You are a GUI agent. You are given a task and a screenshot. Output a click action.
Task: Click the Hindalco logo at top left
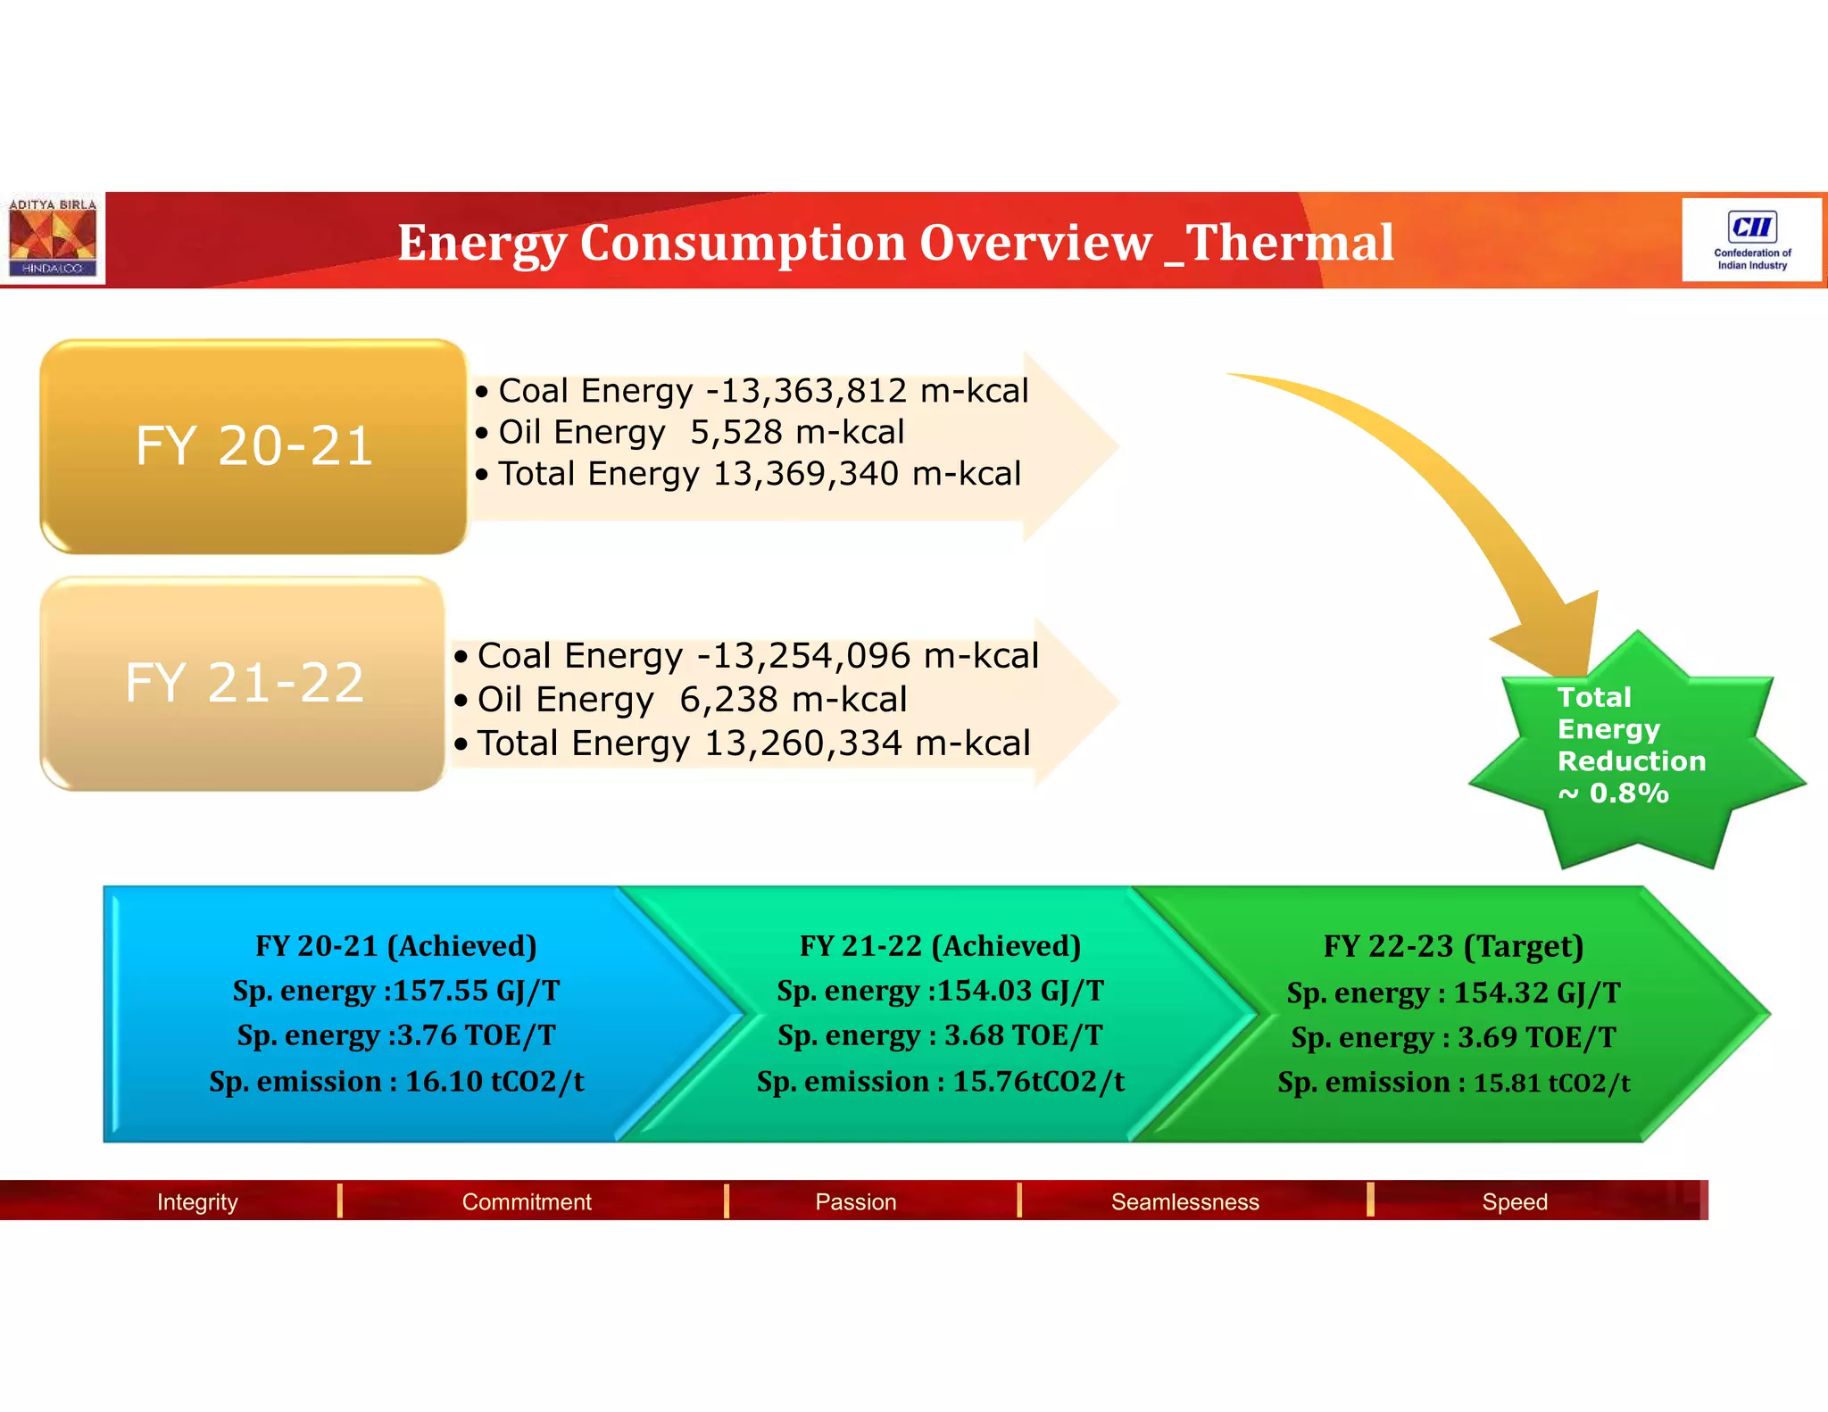(x=52, y=238)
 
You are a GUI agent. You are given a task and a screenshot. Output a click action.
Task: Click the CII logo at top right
(x=1751, y=239)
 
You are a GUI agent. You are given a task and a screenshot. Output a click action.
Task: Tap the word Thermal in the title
(x=1290, y=243)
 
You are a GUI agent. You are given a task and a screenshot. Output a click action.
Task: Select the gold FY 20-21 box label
(x=253, y=445)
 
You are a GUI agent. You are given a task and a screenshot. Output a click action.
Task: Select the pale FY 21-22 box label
(x=244, y=683)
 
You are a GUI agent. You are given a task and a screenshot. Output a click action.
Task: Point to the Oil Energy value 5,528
(x=736, y=432)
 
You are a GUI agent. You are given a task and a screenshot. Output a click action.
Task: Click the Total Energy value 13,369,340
(x=805, y=474)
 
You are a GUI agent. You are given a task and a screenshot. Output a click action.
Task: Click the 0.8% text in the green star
(x=1628, y=793)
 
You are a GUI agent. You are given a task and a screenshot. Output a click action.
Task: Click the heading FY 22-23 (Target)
(x=1453, y=946)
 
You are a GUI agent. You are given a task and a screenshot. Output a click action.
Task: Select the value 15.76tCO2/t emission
(x=1038, y=1082)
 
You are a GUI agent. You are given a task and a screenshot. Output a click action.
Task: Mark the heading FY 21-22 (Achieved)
(x=940, y=946)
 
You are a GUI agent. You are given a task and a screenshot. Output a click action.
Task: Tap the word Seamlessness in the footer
(x=1184, y=1201)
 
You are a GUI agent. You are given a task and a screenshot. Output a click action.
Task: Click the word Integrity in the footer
(x=197, y=1201)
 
